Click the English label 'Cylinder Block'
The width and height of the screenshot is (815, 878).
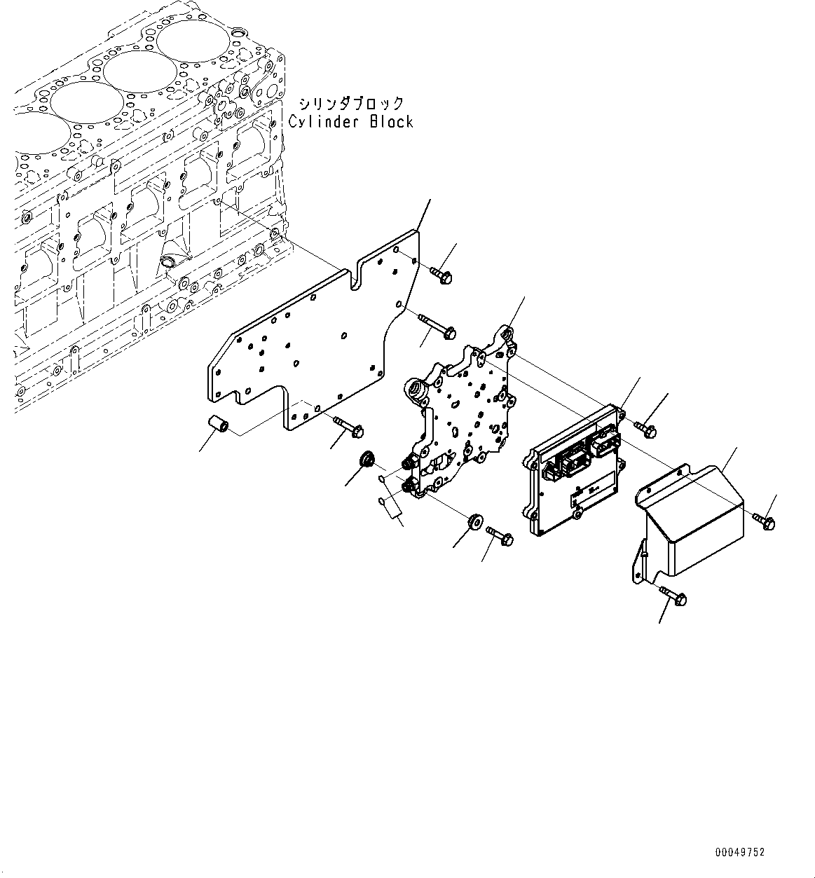click(x=350, y=121)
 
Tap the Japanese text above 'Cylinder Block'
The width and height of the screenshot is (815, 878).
click(x=350, y=104)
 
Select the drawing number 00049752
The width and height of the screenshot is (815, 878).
click(x=740, y=852)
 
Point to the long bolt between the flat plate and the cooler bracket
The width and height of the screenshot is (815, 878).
click(x=437, y=324)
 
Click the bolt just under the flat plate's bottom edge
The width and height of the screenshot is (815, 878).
click(x=348, y=425)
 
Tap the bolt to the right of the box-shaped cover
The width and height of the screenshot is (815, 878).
click(x=762, y=520)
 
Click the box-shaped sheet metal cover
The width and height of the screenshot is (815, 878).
click(x=694, y=519)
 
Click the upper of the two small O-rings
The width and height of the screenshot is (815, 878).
click(x=381, y=479)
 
